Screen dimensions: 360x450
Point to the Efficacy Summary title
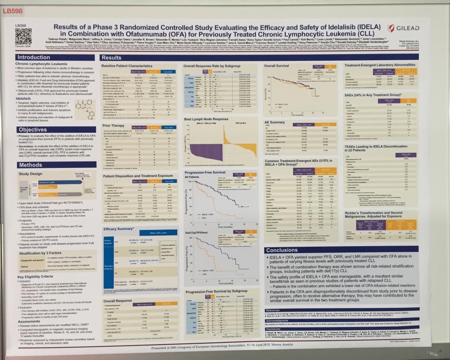pos(118,229)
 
